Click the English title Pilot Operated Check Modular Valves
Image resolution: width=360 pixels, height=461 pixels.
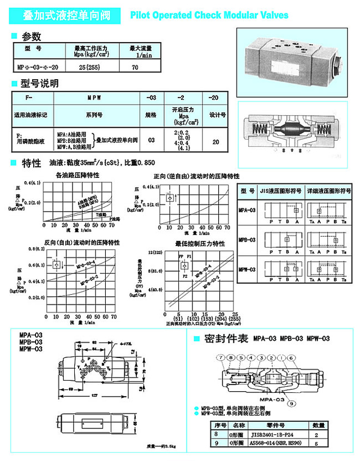pyautogui.click(x=209, y=15)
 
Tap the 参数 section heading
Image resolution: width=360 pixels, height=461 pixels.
pyautogui.click(x=31, y=37)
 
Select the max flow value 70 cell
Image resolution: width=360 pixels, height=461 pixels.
pyautogui.click(x=136, y=67)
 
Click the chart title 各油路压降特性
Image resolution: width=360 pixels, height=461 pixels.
pyautogui.click(x=77, y=175)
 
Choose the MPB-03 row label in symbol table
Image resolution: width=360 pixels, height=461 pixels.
pyautogui.click(x=247, y=239)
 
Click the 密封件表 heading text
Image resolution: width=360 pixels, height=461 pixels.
pyautogui.click(x=226, y=338)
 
